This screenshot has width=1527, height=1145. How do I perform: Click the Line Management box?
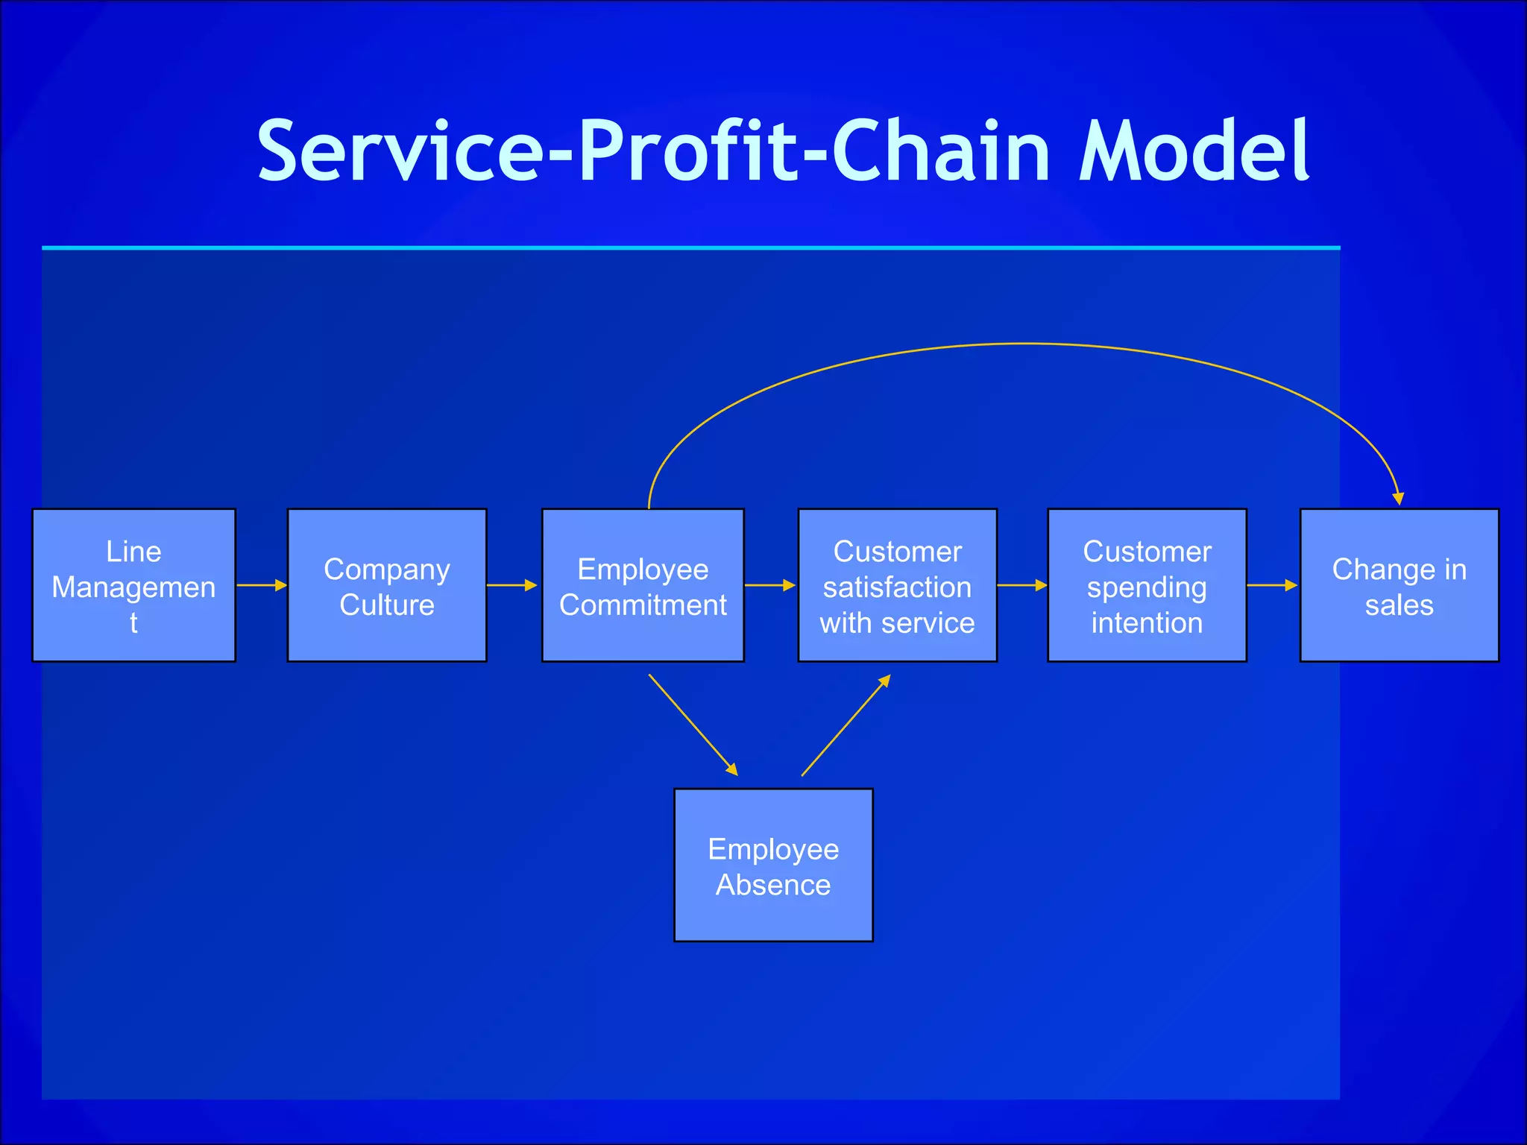coord(133,585)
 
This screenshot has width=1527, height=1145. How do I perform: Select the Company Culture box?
coord(387,585)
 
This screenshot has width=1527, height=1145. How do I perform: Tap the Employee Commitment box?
coord(643,585)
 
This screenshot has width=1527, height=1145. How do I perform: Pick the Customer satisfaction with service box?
coord(897,585)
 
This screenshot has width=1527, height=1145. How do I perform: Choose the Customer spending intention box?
coord(1147,585)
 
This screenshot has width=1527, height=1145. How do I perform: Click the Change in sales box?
coord(1399,585)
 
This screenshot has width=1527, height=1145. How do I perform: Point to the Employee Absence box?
coord(773,865)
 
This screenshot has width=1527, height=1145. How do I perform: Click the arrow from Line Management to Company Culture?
coord(261,585)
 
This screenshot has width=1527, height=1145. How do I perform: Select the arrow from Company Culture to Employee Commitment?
coord(512,585)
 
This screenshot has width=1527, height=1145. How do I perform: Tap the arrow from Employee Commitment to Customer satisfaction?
coord(769,585)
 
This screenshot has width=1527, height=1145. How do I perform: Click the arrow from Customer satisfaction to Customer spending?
coord(1021,585)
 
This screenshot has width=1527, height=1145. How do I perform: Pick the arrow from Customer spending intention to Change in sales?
coord(1272,585)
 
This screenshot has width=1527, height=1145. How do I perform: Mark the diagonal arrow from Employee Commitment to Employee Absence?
coord(693,725)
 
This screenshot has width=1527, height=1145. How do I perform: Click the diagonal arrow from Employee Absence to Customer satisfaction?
coord(846,725)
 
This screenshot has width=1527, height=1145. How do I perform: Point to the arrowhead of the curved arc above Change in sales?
coord(1399,498)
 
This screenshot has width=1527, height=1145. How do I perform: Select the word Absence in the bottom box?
coord(773,885)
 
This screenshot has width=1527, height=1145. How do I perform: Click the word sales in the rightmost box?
coord(1399,605)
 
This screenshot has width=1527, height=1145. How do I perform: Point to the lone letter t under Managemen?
coord(133,622)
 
